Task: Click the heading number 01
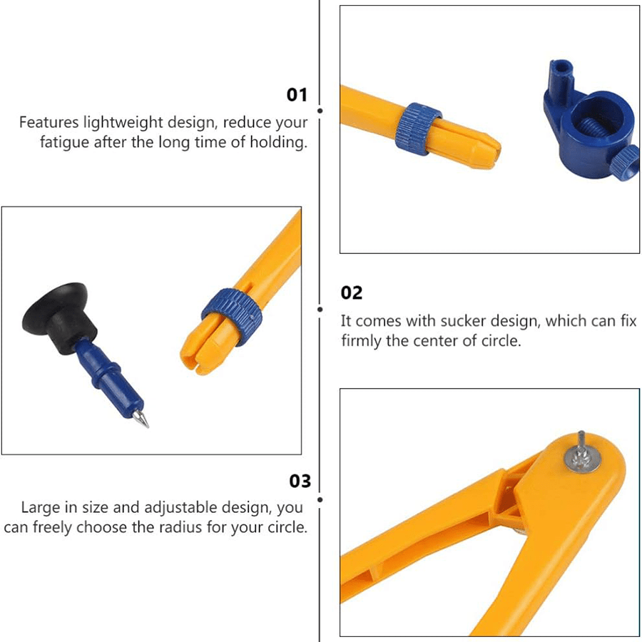297,95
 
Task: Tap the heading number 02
352,292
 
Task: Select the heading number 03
300,481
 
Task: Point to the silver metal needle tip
141,419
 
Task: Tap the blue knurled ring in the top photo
419,129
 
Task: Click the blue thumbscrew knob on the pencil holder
626,163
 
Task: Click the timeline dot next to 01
320,111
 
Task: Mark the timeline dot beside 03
320,499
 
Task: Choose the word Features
49,123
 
